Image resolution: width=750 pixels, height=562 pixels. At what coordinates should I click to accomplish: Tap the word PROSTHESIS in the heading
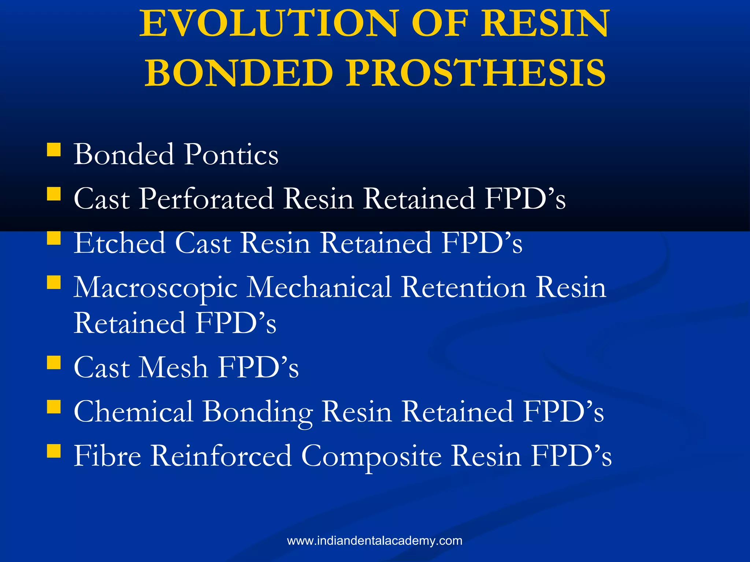pos(476,73)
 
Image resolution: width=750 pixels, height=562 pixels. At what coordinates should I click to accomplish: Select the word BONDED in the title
pos(238,73)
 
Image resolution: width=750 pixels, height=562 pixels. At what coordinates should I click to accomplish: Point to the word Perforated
pos(206,199)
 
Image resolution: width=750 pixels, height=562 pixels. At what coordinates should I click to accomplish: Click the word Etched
pos(119,243)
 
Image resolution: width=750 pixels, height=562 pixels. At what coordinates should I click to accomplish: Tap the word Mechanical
pos(319,288)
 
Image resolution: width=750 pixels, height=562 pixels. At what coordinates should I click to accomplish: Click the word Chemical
pos(133,412)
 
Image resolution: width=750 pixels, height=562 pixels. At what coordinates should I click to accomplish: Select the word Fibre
pos(107,456)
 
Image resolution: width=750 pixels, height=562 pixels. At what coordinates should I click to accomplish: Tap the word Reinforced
pos(221,456)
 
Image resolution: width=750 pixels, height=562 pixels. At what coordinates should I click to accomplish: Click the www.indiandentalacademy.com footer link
pos(375,541)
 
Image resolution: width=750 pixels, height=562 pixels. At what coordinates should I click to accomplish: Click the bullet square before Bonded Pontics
pos(54,150)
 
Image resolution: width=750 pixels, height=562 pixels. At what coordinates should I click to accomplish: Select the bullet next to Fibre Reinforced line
pos(54,451)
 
